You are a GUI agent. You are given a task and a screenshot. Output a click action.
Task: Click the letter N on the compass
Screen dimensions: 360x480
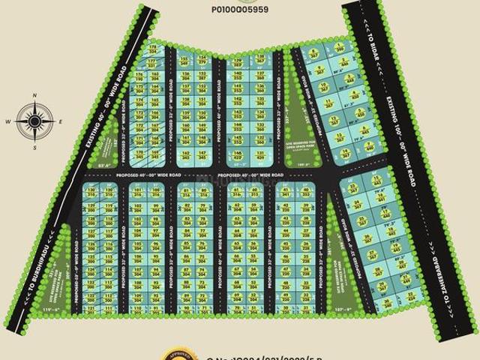(x=34, y=95)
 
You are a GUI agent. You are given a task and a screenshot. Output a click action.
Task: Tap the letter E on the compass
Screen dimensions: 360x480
(x=61, y=121)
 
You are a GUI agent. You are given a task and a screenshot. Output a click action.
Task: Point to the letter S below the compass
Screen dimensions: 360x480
(x=34, y=147)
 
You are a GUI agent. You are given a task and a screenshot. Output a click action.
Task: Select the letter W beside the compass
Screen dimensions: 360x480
(x=7, y=121)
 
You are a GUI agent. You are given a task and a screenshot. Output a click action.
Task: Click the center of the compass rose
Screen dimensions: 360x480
(x=34, y=121)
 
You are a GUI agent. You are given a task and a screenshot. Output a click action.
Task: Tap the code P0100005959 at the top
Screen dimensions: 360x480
(x=239, y=10)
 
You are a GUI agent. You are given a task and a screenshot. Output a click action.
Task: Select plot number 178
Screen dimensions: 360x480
(x=153, y=46)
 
